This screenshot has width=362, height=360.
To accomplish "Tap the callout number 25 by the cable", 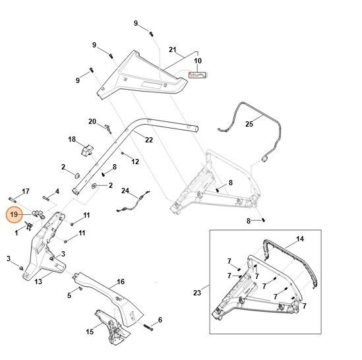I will click(249, 123).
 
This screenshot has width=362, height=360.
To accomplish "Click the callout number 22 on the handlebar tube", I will click(148, 140).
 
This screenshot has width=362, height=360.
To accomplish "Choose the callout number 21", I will click(173, 50).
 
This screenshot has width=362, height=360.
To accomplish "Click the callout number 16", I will click(121, 282).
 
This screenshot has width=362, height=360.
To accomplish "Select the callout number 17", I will click(26, 191).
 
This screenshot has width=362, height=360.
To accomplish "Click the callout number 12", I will click(135, 161).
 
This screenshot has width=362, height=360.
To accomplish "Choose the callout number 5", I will click(69, 295).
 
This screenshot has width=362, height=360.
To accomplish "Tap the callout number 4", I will click(57, 191).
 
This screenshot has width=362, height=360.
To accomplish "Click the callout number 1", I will click(16, 233).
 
